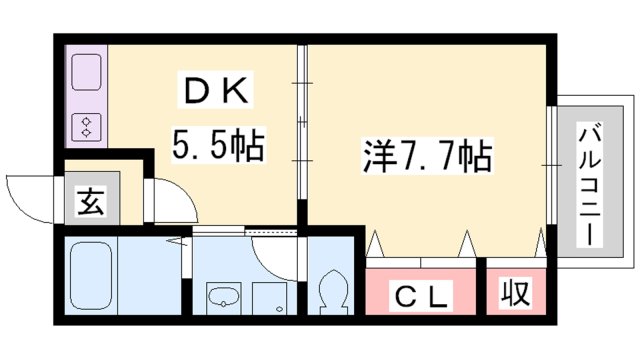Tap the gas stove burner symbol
coord(86,127)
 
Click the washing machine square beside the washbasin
coord(268,298)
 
